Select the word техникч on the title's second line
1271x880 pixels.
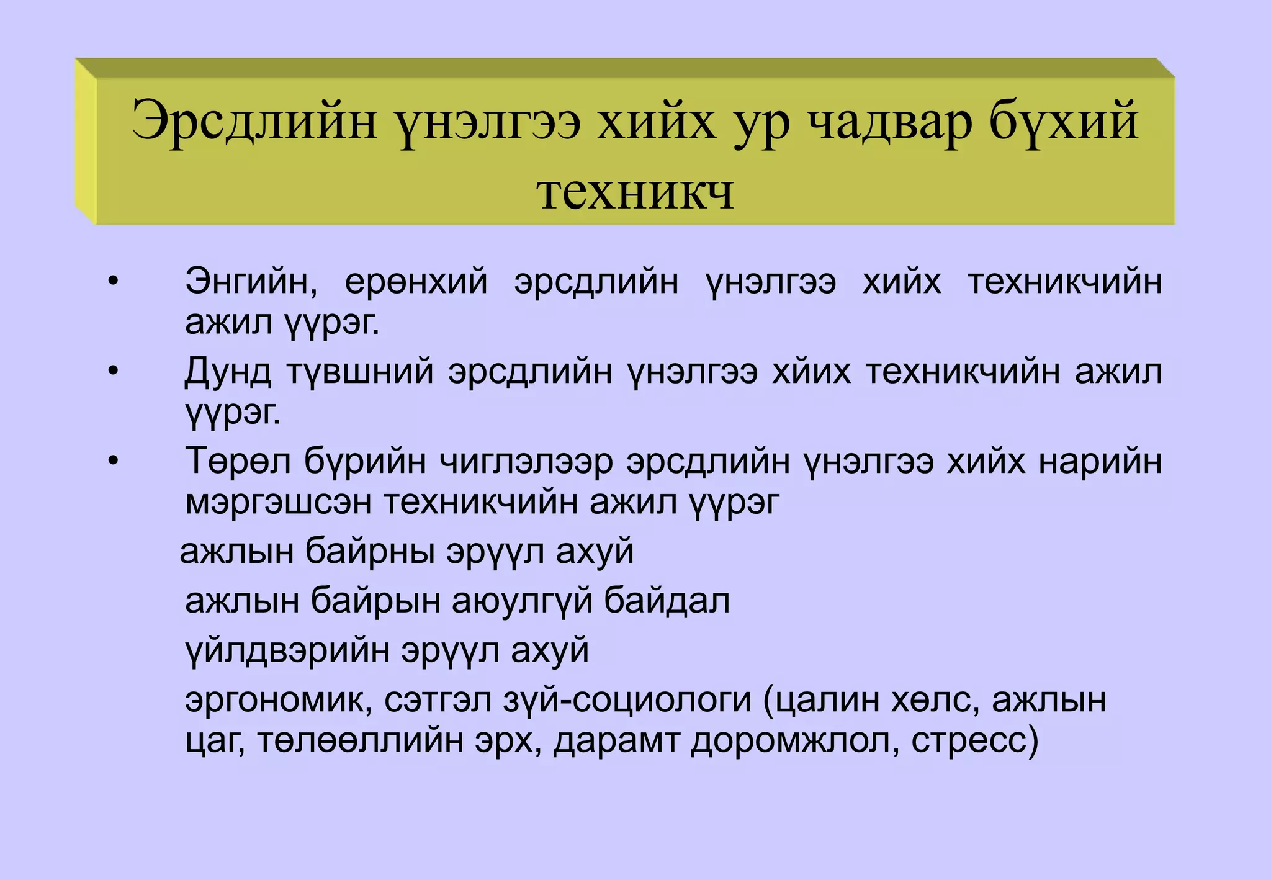(x=635, y=191)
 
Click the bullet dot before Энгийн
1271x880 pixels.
(x=112, y=282)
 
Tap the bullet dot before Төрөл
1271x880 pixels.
(x=112, y=461)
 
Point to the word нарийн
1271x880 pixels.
(x=1100, y=461)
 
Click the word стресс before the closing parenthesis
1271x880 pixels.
(x=968, y=740)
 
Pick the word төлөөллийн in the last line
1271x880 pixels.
(x=360, y=740)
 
